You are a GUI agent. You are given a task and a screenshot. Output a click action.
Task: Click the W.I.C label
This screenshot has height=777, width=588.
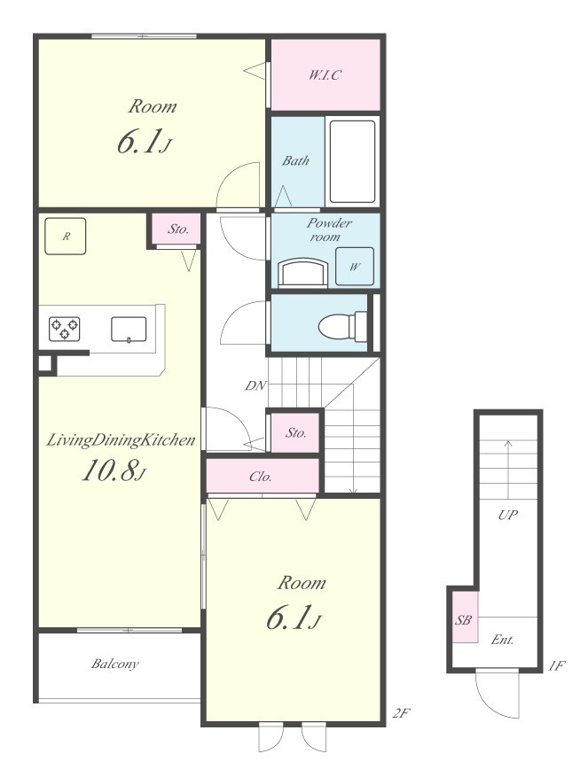point(325,75)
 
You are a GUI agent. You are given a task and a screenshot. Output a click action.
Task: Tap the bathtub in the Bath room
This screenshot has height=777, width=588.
point(352,161)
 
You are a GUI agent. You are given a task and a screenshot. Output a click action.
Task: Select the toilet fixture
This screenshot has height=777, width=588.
point(342,325)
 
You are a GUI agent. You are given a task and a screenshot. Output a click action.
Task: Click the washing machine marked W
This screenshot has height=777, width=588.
point(354,266)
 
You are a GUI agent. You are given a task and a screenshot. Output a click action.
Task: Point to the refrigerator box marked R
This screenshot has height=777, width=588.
point(65,237)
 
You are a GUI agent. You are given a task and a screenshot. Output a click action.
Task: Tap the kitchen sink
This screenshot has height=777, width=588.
point(129,330)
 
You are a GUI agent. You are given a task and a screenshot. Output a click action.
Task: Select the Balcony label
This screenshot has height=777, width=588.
point(115,664)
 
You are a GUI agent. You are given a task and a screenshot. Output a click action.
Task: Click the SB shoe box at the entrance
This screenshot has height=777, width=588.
point(464,618)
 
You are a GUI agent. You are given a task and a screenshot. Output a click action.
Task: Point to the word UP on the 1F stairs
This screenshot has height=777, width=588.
point(507,515)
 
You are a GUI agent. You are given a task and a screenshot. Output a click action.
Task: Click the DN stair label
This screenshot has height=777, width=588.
point(256,385)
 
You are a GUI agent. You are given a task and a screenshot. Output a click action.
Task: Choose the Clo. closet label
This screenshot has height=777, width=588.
point(261,477)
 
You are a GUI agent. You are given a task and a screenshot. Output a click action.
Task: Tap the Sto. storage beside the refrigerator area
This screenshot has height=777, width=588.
point(177,229)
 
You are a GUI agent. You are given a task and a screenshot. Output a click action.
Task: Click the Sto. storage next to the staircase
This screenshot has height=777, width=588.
point(295,432)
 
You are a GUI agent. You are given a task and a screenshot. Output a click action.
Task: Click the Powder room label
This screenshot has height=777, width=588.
point(328,229)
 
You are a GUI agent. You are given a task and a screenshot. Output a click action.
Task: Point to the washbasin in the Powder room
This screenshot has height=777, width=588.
point(303,273)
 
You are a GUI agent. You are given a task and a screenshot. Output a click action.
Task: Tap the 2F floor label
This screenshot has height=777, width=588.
point(401,713)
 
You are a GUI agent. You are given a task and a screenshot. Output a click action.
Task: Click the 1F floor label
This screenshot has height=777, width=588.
point(556,665)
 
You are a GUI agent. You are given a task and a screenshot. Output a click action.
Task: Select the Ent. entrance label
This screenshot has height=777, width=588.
point(502,640)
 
